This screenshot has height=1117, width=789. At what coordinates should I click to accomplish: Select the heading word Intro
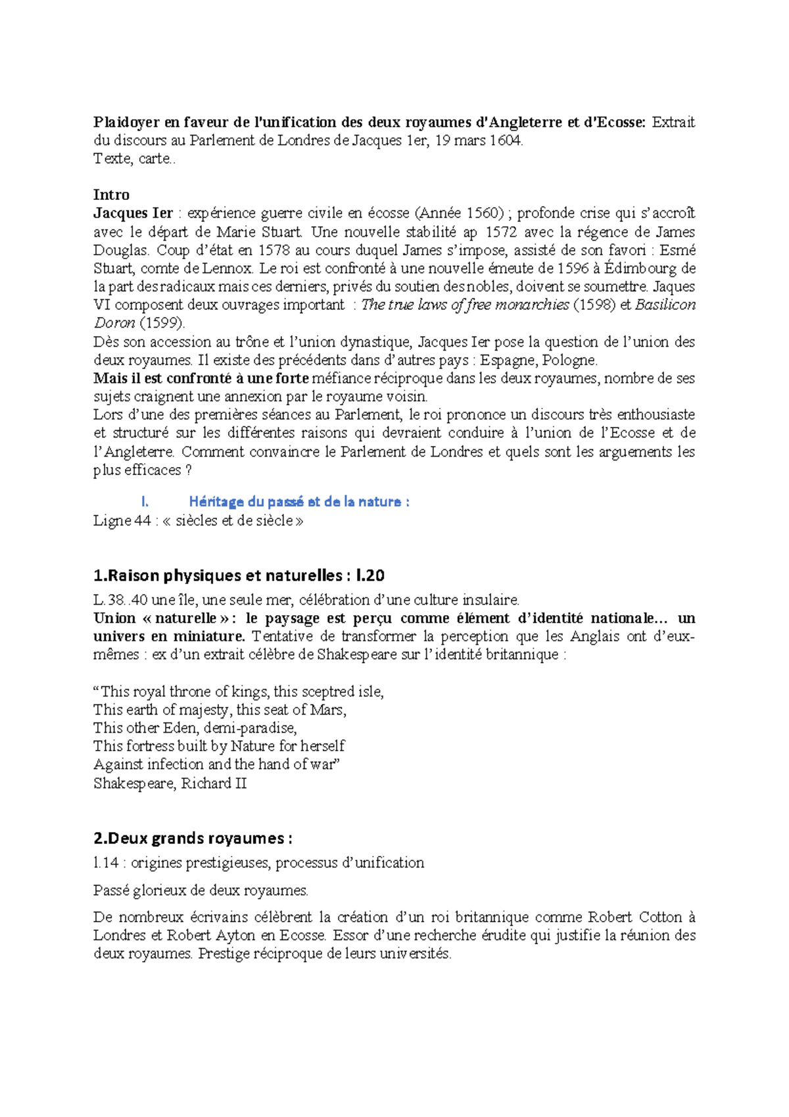tap(111, 195)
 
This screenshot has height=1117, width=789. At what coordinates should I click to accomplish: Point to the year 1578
tap(274, 250)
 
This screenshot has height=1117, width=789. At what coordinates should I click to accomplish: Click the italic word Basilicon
tap(665, 305)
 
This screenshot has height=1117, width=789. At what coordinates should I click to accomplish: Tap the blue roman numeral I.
tap(145, 501)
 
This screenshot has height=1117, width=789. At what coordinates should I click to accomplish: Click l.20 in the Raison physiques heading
tap(370, 576)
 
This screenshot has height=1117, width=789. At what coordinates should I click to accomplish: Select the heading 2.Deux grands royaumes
tap(193, 838)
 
